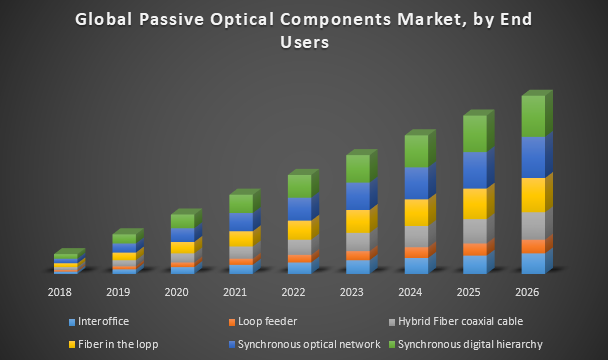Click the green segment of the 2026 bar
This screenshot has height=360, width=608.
pyautogui.click(x=533, y=116)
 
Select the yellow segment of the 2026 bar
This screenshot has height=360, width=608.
pyautogui.click(x=533, y=194)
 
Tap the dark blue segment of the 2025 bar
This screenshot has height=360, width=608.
pyautogui.click(x=474, y=170)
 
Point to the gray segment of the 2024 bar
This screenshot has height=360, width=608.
pyautogui.click(x=416, y=236)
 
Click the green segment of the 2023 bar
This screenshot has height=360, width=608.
pyautogui.click(x=358, y=168)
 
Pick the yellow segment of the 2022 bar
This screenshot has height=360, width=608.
pyautogui.click(x=299, y=230)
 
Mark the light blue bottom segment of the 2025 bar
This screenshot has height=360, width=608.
pyautogui.click(x=474, y=264)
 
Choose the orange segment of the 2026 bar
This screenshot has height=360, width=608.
pyautogui.click(x=533, y=246)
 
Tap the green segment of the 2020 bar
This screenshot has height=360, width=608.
pyautogui.click(x=182, y=221)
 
